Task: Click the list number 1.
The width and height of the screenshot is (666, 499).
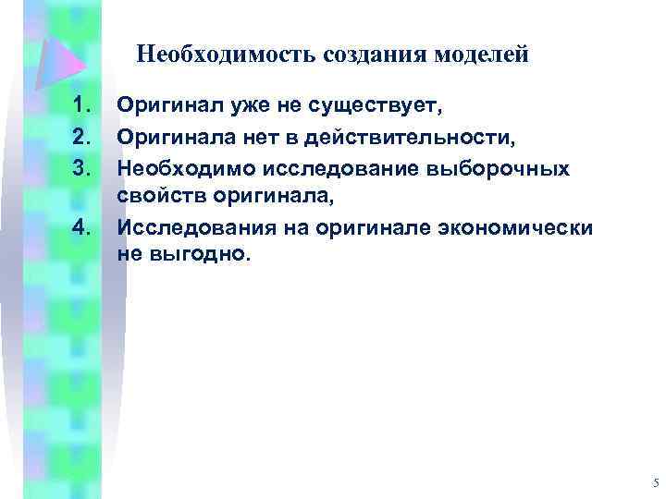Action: tap(84, 107)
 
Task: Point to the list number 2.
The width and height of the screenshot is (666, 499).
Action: tap(84, 138)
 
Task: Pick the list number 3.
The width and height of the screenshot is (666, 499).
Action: tap(84, 168)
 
